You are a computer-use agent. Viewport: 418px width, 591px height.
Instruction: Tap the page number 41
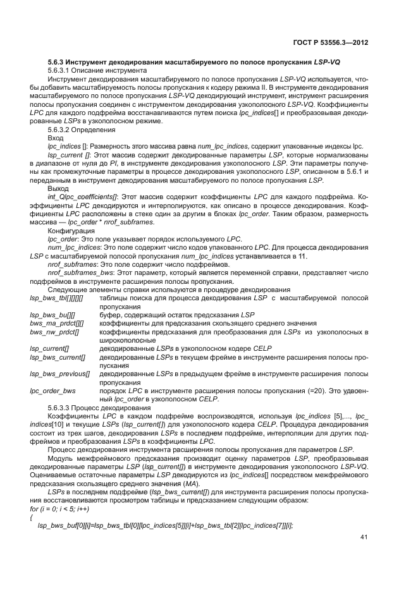coord(364,537)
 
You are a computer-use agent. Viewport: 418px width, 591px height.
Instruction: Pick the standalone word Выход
coord(59,188)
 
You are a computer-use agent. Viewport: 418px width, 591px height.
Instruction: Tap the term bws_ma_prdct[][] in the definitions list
coord(56,322)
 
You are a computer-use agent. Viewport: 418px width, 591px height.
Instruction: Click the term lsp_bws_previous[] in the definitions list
coord(59,374)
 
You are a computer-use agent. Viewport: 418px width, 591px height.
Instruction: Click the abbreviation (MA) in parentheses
coord(209,482)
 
